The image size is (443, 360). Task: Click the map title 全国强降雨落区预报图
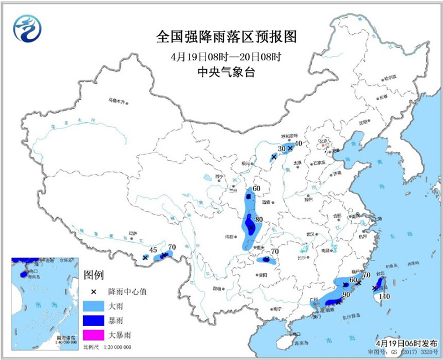[x=228, y=37]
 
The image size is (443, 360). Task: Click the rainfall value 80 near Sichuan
[x=258, y=220]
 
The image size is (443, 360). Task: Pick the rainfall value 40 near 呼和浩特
[x=298, y=143]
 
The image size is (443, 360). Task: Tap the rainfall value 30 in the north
[x=281, y=149]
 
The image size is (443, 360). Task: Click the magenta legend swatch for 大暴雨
[x=93, y=335]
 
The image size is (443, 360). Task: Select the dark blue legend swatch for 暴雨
[x=93, y=321]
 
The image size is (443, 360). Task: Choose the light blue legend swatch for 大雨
[x=93, y=306]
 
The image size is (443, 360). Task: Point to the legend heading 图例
[x=94, y=275]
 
